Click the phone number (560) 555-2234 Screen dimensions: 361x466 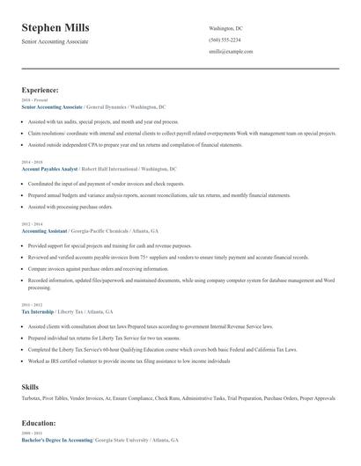click(225, 40)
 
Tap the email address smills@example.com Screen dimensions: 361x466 click(231, 52)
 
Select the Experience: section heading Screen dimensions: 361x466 click(40, 90)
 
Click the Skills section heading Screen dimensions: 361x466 click(30, 386)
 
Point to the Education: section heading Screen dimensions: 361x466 click(39, 422)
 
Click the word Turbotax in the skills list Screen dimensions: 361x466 click(33, 398)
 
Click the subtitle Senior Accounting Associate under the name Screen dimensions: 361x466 click(55, 41)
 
